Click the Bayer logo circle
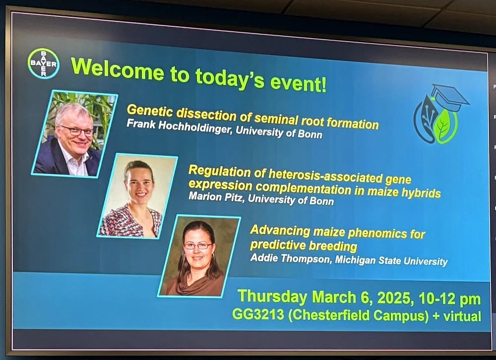pyautogui.click(x=44, y=63)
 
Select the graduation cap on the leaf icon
pyautogui.click(x=448, y=97)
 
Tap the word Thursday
pyautogui.click(x=272, y=297)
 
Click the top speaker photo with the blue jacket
pyautogui.click(x=74, y=133)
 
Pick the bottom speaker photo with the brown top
pyautogui.click(x=198, y=256)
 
